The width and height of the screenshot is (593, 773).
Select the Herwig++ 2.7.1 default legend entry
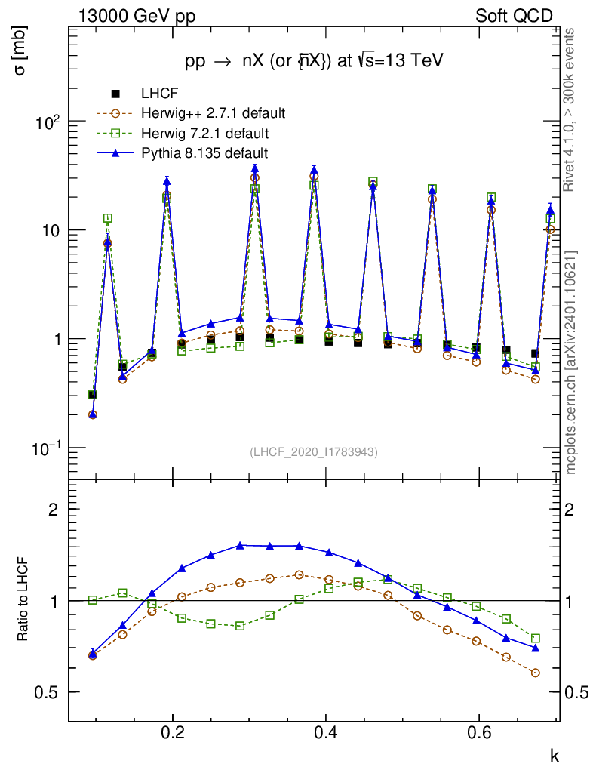(x=212, y=114)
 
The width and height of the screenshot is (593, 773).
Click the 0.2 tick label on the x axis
(x=173, y=733)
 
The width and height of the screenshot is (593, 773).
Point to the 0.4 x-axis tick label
(x=326, y=733)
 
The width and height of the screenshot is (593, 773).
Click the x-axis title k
(x=555, y=755)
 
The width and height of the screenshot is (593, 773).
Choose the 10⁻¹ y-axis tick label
(x=47, y=448)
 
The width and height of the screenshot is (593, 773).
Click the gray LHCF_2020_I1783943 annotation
(x=314, y=451)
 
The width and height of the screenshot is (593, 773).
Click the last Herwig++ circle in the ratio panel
(x=535, y=673)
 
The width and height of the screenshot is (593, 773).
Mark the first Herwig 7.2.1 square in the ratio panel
(x=93, y=600)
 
